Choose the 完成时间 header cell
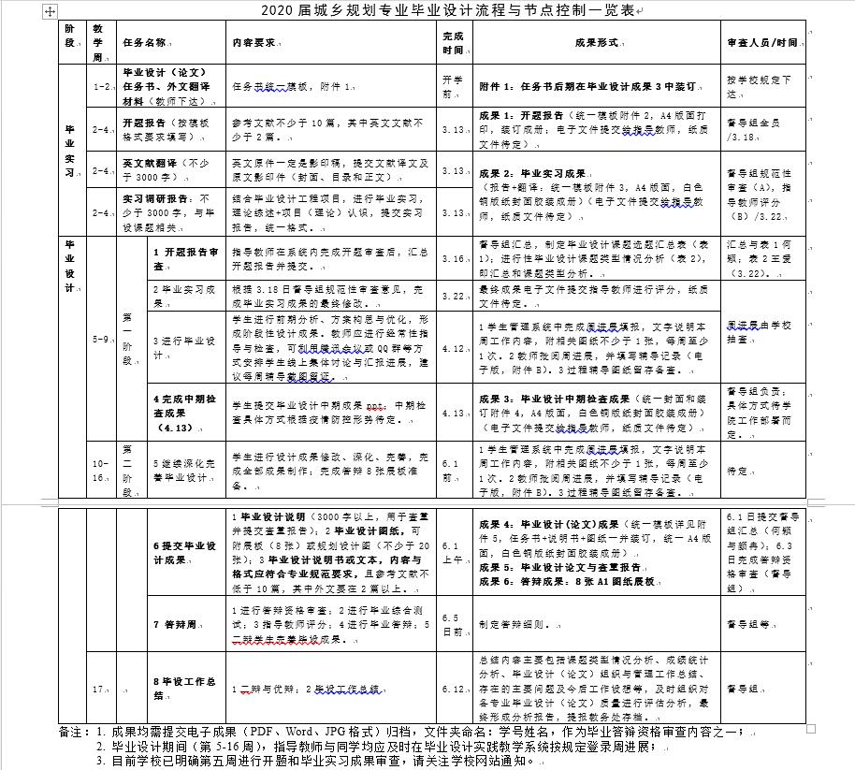click(452, 43)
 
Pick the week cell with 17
click(100, 689)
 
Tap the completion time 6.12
click(452, 689)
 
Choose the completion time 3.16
click(452, 258)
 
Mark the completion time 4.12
click(452, 348)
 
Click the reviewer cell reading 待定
click(738, 472)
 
